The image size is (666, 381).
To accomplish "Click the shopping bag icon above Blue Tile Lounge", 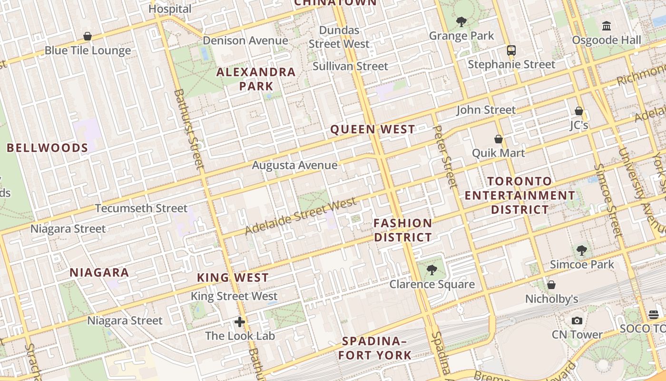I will tap(88, 36).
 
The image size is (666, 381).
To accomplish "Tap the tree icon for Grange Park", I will tap(461, 21).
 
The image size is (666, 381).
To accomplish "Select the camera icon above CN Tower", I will tap(577, 321).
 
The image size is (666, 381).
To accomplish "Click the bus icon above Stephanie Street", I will tap(511, 50).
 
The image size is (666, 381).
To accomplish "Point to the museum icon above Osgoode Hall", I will tap(607, 26).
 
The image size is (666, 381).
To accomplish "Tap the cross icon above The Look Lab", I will tap(240, 322).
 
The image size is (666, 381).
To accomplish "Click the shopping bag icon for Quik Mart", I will tap(499, 139).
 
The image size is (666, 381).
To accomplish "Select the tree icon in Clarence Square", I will tap(432, 270).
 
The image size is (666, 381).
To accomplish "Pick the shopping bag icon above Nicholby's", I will tap(551, 285).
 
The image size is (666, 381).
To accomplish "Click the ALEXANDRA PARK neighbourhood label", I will tap(256, 79).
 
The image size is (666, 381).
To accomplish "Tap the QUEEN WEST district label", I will tap(372, 129).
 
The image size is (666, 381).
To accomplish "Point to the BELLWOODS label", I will tap(48, 148).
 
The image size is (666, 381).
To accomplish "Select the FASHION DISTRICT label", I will tap(403, 230).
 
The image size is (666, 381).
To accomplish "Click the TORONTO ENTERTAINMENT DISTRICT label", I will tap(520, 195).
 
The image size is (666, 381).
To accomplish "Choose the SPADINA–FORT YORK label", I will tap(374, 348).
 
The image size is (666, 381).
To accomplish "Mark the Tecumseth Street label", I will tap(141, 208).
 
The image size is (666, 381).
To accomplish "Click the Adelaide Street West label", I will tap(301, 217).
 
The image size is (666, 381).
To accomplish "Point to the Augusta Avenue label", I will tap(294, 165).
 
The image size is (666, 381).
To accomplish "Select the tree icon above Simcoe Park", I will tap(581, 250).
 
